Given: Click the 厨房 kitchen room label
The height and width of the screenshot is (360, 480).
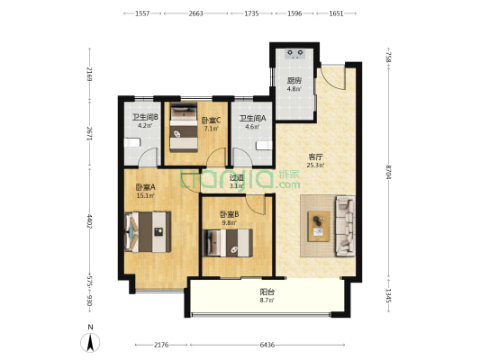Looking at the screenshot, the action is click(294, 81).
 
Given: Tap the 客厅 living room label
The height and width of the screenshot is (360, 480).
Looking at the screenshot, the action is click(315, 157).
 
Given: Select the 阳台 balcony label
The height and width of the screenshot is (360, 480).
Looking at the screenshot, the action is click(267, 292).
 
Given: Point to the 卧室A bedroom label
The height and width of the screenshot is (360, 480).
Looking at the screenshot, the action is click(145, 187).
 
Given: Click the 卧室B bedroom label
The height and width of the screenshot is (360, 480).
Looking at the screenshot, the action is click(230, 214).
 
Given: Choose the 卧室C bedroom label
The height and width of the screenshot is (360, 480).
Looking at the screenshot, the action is click(211, 121).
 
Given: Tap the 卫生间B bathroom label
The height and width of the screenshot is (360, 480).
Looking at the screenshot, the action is click(145, 117).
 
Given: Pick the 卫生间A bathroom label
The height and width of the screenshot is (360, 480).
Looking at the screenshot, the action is click(252, 118).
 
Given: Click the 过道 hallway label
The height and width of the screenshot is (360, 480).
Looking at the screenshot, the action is click(237, 177).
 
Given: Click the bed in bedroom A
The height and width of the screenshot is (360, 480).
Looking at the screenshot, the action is click(148, 232).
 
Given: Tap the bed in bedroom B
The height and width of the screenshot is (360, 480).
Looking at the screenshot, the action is click(228, 243).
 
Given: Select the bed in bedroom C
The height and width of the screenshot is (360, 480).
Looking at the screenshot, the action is click(184, 128).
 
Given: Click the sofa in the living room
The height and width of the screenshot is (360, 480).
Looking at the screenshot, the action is click(346, 226).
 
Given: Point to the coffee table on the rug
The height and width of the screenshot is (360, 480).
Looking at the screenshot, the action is click(319, 226).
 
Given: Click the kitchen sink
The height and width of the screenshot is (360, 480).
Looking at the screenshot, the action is click(294, 54).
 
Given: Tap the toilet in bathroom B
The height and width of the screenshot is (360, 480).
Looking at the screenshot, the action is click(132, 143).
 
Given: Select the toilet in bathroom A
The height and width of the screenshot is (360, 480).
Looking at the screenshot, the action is click(264, 146).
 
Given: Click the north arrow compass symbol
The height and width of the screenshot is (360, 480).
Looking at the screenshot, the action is click(90, 343).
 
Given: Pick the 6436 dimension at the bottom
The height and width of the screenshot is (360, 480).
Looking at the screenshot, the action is click(267, 345).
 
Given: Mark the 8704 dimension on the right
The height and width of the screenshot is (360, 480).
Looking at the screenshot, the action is click(388, 173).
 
